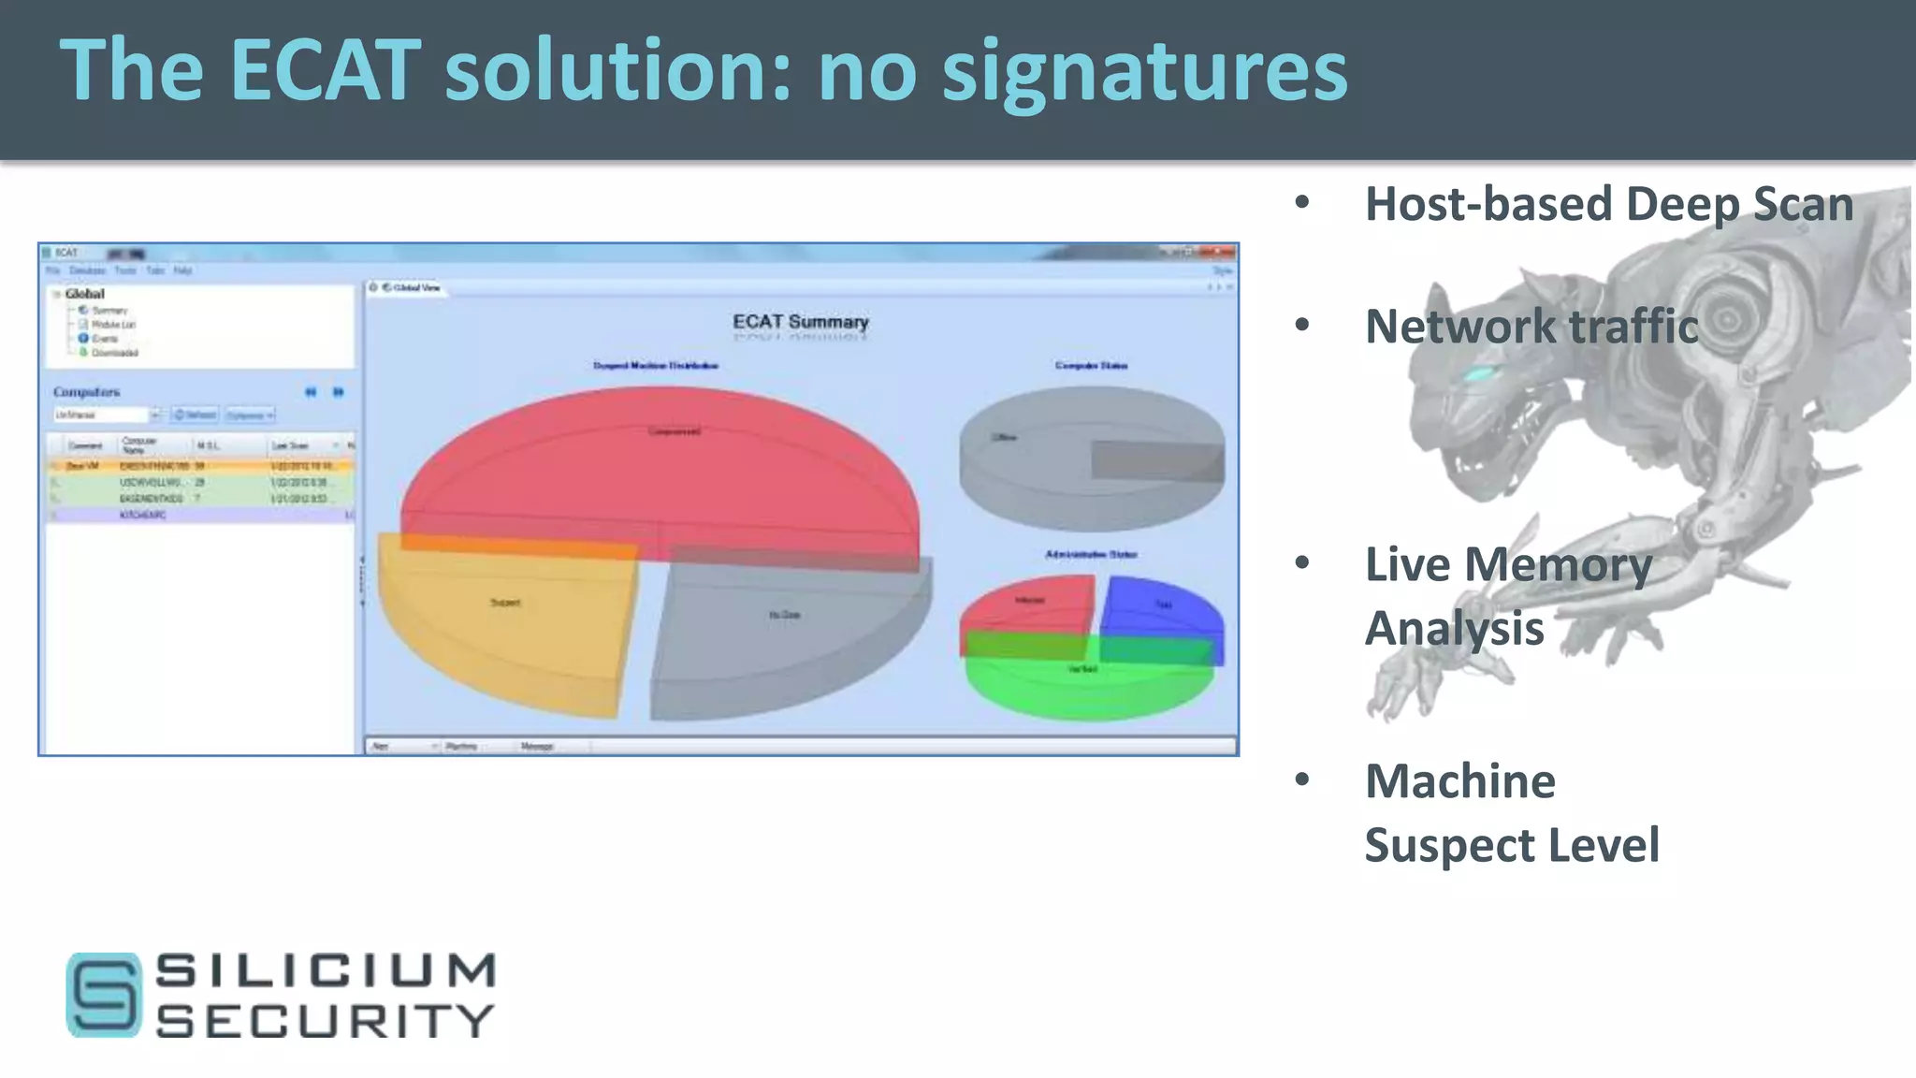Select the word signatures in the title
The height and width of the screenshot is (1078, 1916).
tap(1144, 73)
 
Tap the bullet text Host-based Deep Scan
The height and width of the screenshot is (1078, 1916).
tap(1608, 204)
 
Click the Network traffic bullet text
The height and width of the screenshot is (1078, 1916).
tap(1531, 327)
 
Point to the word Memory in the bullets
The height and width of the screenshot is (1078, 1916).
tap(1558, 565)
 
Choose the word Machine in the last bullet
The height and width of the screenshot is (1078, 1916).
tap(1459, 781)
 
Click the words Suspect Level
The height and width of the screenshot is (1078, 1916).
tap(1512, 845)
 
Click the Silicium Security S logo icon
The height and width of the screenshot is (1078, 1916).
tap(103, 995)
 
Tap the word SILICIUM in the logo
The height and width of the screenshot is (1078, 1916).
tap(325, 971)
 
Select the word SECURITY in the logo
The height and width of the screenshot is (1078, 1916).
tap(325, 1021)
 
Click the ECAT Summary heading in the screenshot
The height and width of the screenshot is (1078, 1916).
tap(800, 322)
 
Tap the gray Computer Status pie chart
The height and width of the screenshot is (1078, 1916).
tap(1091, 459)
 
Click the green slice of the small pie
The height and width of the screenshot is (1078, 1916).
tap(1090, 683)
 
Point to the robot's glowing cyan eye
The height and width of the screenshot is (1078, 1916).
tap(1478, 375)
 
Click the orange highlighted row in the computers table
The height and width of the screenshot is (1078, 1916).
tap(200, 466)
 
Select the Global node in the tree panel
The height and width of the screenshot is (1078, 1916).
tap(84, 294)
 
